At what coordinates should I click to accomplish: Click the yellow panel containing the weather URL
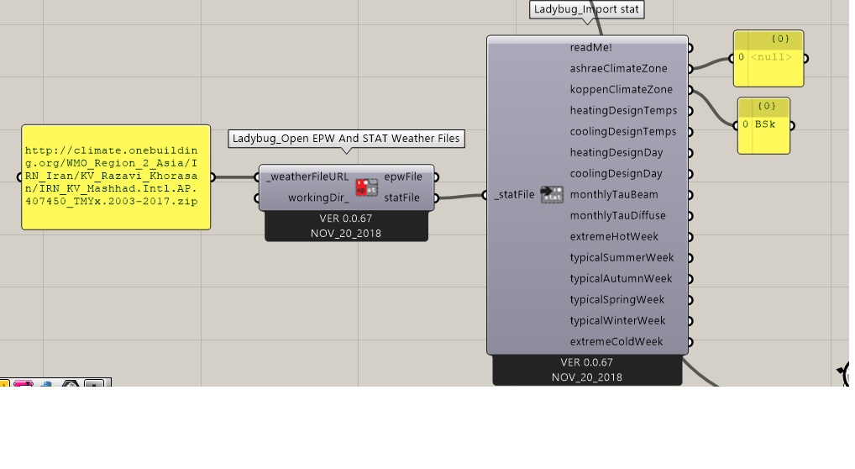116,177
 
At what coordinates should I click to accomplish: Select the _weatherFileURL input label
307,177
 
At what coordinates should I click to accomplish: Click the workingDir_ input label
318,198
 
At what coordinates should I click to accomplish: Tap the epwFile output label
403,177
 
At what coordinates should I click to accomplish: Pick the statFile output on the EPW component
401,198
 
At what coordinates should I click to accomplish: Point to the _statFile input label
514,194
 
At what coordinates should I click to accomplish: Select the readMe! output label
590,48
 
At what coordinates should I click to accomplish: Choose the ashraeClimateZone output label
618,68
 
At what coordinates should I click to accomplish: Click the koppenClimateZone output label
621,90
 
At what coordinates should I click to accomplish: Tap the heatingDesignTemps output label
623,110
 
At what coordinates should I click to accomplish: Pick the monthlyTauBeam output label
614,194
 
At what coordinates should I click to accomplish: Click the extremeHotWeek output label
614,236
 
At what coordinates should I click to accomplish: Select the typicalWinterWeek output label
617,320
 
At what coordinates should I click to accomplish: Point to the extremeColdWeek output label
616,342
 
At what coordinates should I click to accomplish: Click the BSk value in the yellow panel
764,124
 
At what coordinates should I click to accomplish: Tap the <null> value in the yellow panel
771,57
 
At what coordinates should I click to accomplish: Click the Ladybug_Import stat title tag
587,9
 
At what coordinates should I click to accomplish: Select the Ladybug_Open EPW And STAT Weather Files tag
346,139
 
